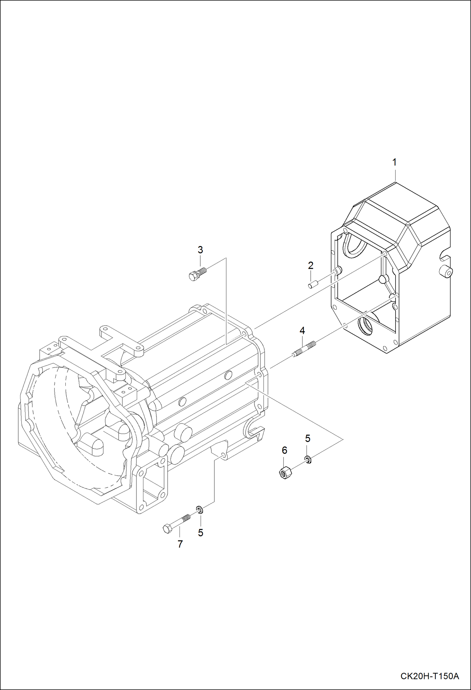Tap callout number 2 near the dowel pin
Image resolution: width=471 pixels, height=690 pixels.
point(311,265)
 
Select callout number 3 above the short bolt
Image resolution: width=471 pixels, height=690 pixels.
point(200,250)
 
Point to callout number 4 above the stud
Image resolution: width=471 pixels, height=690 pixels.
point(302,330)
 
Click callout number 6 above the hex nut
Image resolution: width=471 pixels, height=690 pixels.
point(285,450)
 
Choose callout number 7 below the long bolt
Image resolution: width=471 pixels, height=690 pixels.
point(180,544)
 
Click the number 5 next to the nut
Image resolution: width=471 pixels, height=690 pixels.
point(308,438)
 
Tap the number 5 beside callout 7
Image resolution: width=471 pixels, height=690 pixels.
point(201,533)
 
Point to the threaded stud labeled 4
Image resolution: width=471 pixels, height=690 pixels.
point(304,349)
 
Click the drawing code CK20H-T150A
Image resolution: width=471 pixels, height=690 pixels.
point(429,676)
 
